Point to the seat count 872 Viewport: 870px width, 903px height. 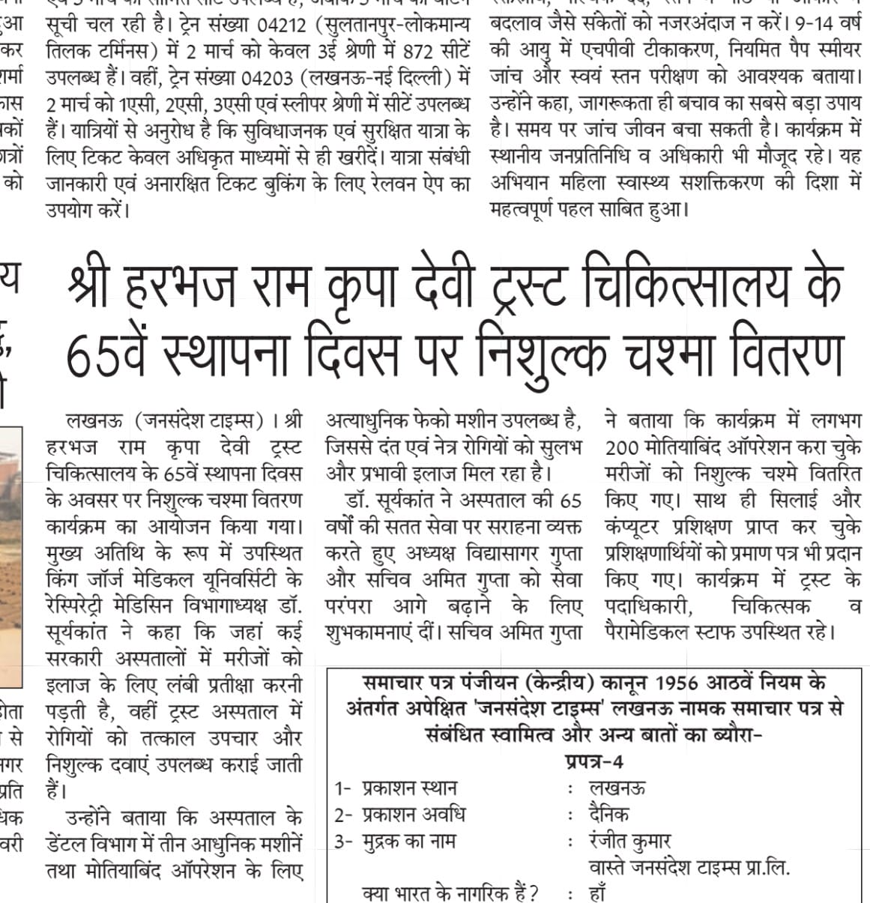tap(417, 51)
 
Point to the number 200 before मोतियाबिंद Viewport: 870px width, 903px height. tap(622, 447)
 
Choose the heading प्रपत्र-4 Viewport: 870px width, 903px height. tap(593, 761)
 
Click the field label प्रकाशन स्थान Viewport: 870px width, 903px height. tap(409, 788)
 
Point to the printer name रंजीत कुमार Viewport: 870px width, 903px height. tap(629, 842)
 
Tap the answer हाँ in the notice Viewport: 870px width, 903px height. tap(597, 894)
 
